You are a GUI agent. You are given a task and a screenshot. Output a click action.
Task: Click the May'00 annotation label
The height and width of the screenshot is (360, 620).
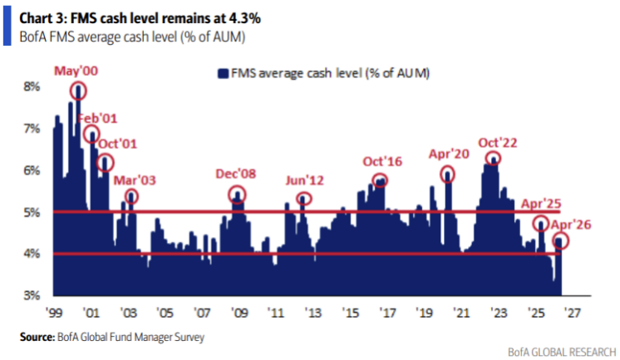click(x=76, y=72)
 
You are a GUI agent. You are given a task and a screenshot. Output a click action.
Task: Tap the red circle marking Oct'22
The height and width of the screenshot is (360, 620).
click(x=495, y=159)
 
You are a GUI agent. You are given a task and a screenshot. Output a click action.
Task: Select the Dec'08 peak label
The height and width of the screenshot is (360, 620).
click(x=238, y=175)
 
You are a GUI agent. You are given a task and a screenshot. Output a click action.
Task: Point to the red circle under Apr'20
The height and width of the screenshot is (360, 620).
click(x=448, y=174)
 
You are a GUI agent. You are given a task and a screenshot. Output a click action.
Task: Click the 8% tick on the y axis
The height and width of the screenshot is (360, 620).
click(x=31, y=86)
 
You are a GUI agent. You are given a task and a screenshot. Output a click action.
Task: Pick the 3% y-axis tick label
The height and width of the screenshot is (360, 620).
click(x=31, y=295)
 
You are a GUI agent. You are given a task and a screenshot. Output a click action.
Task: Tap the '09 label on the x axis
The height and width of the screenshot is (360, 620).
click(x=238, y=314)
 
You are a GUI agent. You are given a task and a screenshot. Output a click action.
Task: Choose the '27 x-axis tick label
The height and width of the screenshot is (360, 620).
click(x=574, y=314)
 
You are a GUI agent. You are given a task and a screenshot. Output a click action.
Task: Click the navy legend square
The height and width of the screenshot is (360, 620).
click(x=223, y=75)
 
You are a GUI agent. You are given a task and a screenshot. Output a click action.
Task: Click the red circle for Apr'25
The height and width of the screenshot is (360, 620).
click(x=541, y=223)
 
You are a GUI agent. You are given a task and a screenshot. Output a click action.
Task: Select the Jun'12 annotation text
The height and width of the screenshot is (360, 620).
click(x=304, y=180)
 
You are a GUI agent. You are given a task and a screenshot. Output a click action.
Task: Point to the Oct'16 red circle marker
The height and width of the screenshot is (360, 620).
click(x=380, y=179)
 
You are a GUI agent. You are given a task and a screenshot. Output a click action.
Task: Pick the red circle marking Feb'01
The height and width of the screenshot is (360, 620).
click(x=91, y=134)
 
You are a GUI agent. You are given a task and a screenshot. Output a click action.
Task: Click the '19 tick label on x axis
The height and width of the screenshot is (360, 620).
click(x=425, y=314)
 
